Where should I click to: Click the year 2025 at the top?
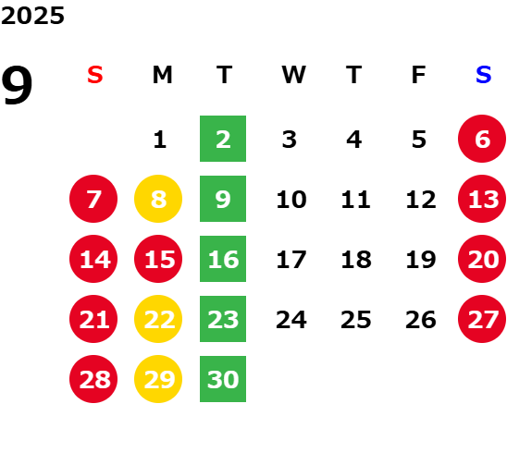[x=32, y=16]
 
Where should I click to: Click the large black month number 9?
[x=17, y=85]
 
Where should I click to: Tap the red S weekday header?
[x=94, y=75]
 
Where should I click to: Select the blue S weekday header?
[x=483, y=75]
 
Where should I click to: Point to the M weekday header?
[x=162, y=75]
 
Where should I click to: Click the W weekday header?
[x=293, y=75]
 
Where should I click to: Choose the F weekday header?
[x=419, y=75]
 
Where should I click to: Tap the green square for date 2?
[x=223, y=139]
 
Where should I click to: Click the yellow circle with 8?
[x=158, y=199]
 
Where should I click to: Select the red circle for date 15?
[x=158, y=259]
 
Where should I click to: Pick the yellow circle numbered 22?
[x=158, y=319]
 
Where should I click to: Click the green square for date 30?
[x=223, y=379]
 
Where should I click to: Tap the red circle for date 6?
[x=482, y=139]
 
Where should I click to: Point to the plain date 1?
[x=160, y=140]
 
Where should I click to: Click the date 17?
[x=291, y=260]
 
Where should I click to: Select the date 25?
[x=355, y=320]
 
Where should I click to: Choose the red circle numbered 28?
[x=93, y=379]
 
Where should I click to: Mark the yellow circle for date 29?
[x=158, y=379]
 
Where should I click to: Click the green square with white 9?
[x=223, y=199]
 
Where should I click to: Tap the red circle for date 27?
[x=482, y=319]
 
